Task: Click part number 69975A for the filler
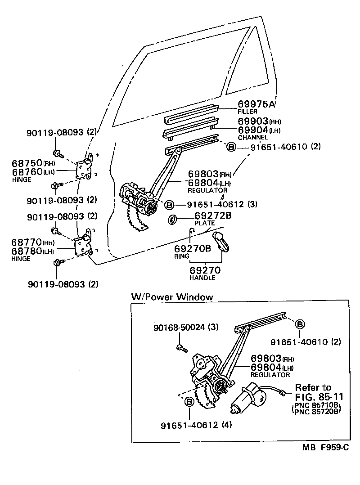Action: pyautogui.click(x=256, y=104)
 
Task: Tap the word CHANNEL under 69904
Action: pyautogui.click(x=252, y=137)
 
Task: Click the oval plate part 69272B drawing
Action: pyautogui.click(x=172, y=220)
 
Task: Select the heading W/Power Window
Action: pyautogui.click(x=172, y=297)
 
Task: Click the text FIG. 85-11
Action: pyautogui.click(x=319, y=397)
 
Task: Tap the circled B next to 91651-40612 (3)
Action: pyautogui.click(x=169, y=205)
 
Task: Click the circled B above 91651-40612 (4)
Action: pyautogui.click(x=189, y=402)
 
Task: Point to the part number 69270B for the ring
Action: pyautogui.click(x=193, y=248)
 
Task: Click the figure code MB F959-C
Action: pyautogui.click(x=325, y=448)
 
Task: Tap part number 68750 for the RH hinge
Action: pyautogui.click(x=27, y=162)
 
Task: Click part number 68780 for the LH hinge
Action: pyautogui.click(x=27, y=251)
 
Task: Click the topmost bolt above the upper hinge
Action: pyautogui.click(x=56, y=153)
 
